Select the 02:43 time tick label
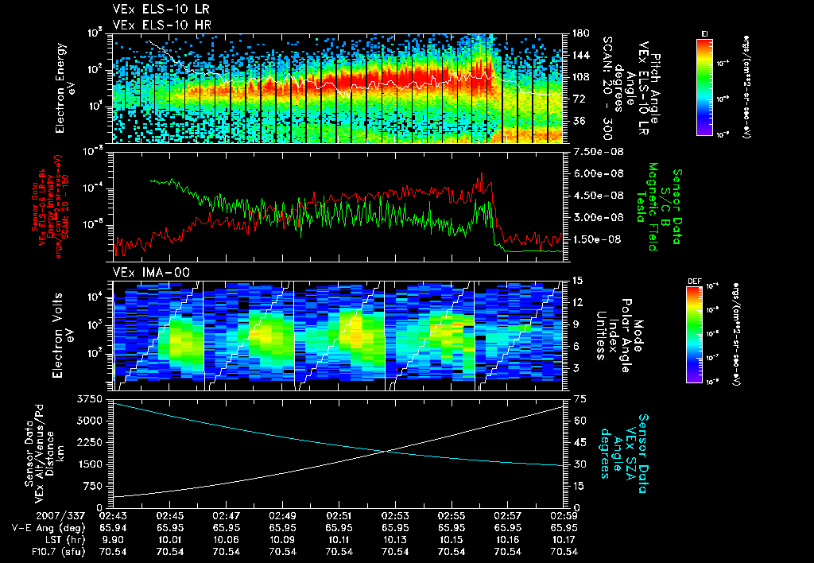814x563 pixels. click(114, 515)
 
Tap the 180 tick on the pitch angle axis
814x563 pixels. click(579, 33)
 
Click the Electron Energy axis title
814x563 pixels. click(64, 87)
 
